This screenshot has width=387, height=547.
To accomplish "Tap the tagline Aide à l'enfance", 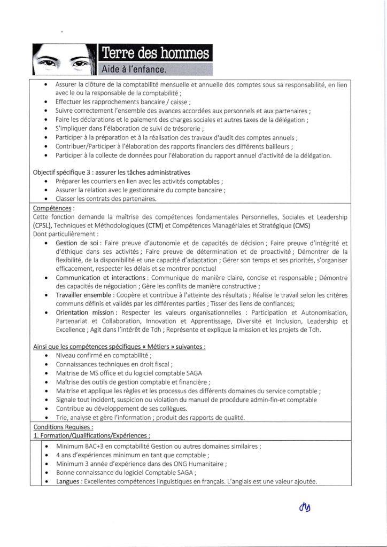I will coord(135,69).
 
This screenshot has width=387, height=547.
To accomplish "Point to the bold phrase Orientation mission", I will coord(86,312).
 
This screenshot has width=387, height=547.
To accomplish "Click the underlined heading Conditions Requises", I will coord(63,427).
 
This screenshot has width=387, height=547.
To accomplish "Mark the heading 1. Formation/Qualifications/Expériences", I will coord(91,436).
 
